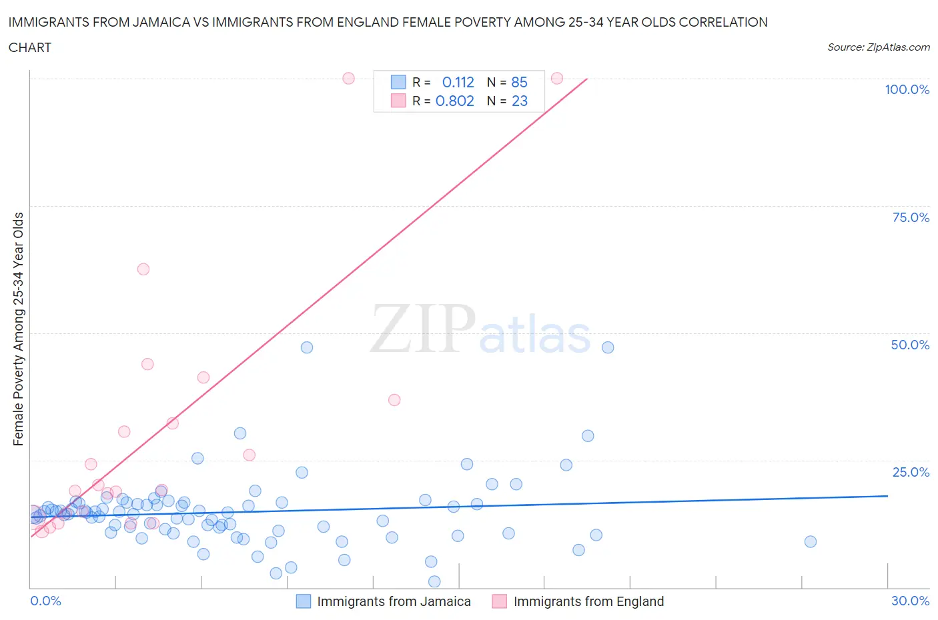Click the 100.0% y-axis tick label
coord(907,89)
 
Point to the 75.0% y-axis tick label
coord(911,217)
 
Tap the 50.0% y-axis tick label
coord(910,345)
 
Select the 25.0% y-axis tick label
coord(911,472)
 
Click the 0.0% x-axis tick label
coord(45,601)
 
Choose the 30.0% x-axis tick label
coord(910,601)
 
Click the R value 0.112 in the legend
coord(458,82)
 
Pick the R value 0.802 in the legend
coord(454,101)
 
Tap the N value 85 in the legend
coord(519,82)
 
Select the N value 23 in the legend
coord(519,101)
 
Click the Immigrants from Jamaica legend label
coord(394,601)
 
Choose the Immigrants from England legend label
coord(588,601)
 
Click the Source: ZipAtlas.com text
coord(878,47)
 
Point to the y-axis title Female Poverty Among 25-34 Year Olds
coord(19,329)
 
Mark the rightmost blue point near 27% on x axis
coord(810,541)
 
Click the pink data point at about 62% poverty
coord(143,269)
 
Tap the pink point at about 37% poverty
coord(394,400)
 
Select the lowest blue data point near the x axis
coord(434,581)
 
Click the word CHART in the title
coord(30,47)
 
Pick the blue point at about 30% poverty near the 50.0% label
coord(588,436)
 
